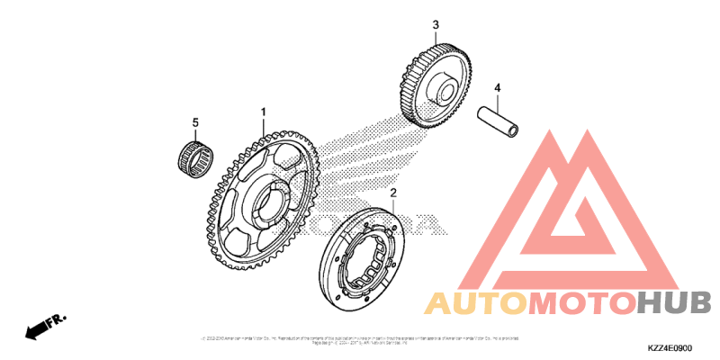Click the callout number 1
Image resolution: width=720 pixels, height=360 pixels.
pos(264,112)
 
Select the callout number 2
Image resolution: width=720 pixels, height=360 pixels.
pos(393,193)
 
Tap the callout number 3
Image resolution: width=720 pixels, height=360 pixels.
pos(436,24)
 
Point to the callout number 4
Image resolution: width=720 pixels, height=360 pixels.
pos(496,87)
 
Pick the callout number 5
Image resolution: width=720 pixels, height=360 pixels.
pos(193,121)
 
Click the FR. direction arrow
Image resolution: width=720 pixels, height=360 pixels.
pos(46,326)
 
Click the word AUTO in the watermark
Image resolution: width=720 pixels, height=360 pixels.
pos(476,302)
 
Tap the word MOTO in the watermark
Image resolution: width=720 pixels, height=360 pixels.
pos(581,302)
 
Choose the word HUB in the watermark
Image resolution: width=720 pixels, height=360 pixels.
pos(674,302)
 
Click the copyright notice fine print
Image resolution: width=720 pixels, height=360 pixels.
pos(360,340)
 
